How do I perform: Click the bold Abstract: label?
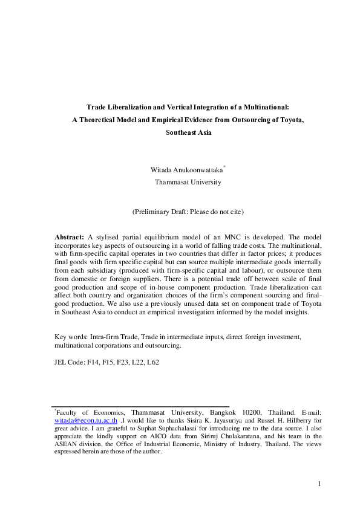(x=69, y=234)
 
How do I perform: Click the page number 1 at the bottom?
(x=319, y=484)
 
